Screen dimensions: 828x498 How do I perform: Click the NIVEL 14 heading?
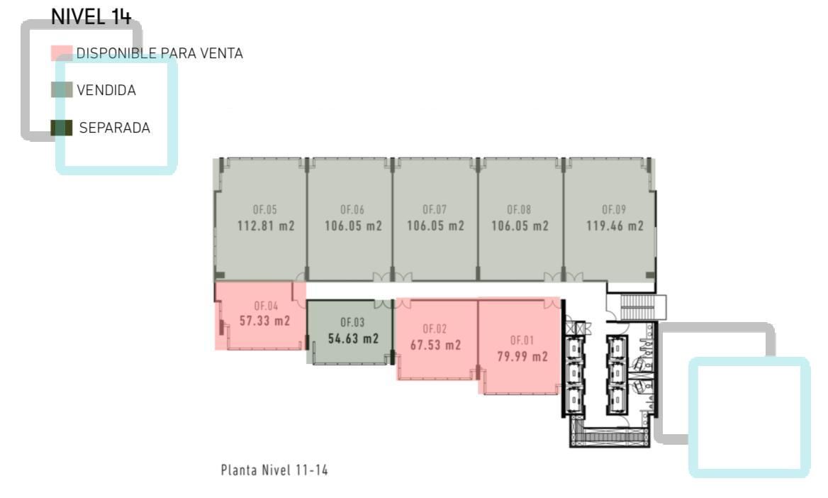point(91,16)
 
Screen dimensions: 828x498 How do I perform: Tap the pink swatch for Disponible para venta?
point(61,53)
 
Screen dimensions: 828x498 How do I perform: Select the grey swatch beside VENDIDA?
point(61,90)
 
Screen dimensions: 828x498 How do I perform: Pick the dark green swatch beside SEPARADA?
point(61,128)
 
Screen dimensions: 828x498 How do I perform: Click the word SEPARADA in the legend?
point(115,128)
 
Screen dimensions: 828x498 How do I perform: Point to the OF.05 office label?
point(265,210)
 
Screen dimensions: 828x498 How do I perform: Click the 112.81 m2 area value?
point(266,226)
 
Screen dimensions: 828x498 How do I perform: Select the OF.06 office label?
point(352,210)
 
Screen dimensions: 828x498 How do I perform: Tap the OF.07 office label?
point(435,210)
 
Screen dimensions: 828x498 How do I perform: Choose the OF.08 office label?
point(519,210)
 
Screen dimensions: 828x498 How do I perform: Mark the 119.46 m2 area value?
point(615,226)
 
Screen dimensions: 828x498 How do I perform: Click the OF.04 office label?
point(266,306)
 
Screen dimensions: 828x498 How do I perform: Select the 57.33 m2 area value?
point(264,321)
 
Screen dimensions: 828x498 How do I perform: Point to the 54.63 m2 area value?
point(353,338)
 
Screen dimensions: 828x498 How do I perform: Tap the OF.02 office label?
point(435,329)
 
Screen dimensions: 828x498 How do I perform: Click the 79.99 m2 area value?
point(522,357)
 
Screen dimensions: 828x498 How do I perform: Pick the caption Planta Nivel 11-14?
point(274,470)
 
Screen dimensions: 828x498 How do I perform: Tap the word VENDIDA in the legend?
point(106,90)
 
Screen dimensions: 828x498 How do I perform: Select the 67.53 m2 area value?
point(436,345)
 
